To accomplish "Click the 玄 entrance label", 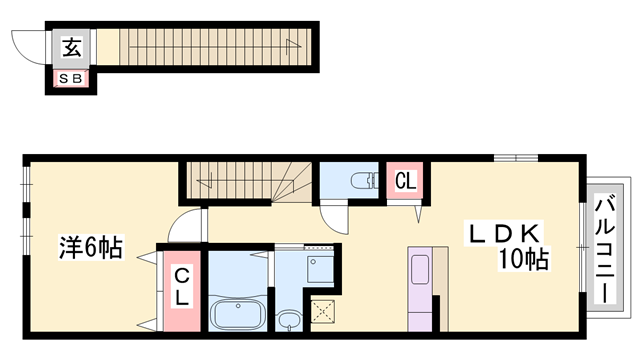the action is coord(72,47).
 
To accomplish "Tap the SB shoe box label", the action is coord(71,78).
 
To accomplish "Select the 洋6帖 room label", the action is coord(91,247).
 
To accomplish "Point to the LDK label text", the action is coord(504,234).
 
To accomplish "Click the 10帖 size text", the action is coord(524,258).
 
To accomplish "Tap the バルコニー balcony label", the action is coord(605,250).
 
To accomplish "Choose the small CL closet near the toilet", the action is coord(405,180).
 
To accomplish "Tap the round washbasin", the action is coord(289,320).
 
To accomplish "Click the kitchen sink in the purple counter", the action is coord(420,269).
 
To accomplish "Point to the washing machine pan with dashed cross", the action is coord(323,311).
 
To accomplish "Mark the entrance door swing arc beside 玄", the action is coord(29,48).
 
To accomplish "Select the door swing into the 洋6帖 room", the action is coord(186,225).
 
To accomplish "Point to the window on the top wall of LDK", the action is coord(516,158).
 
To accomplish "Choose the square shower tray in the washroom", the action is coord(320,269).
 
